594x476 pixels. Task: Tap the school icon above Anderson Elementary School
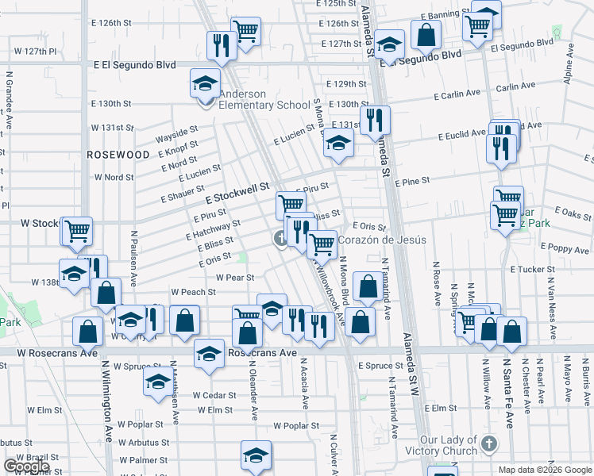[x=205, y=83]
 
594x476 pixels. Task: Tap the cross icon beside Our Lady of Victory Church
[x=489, y=444]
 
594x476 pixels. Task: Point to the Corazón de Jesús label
[x=383, y=240]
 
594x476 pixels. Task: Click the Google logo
[x=26, y=466]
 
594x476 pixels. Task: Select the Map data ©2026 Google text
[x=545, y=470]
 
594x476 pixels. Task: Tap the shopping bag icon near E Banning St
[x=426, y=36]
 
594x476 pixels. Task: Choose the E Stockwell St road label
[x=238, y=191]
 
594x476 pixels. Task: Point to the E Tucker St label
[x=531, y=270]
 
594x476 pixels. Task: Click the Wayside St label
[x=175, y=131]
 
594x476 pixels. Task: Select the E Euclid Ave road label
[x=462, y=136]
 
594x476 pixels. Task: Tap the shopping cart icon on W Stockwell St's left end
[x=77, y=232]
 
